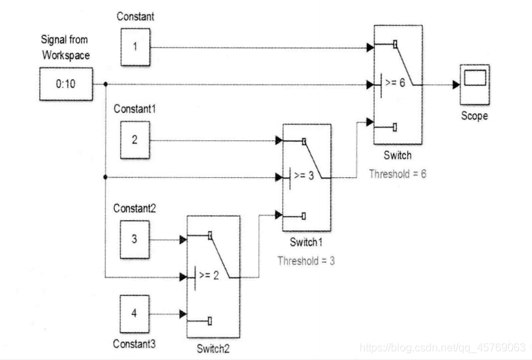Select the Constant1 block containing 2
pos(134,141)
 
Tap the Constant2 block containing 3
pos(134,240)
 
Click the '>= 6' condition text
pos(396,85)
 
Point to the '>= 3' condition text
pos(305,177)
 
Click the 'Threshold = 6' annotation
pos(398,175)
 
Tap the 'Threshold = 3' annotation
pos(306,260)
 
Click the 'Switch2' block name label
pos(213,348)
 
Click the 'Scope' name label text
pos(474,117)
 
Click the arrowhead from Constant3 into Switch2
pos(182,314)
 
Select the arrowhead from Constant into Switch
pos(369,48)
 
